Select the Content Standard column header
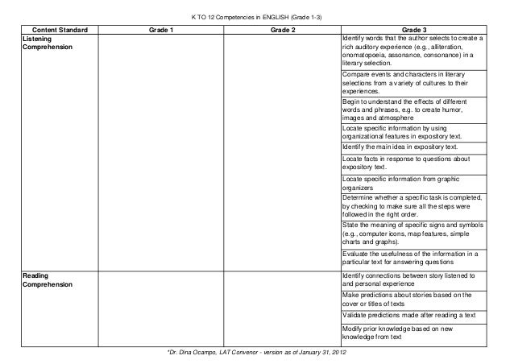pos(55,30)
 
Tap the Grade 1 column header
pos(160,30)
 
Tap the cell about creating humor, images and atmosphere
pos(412,111)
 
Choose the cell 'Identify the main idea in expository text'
pos(400,148)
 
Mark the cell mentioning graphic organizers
pos(412,183)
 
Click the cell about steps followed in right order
pos(412,205)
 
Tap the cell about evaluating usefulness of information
pos(412,259)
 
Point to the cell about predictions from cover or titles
pos(412,300)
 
